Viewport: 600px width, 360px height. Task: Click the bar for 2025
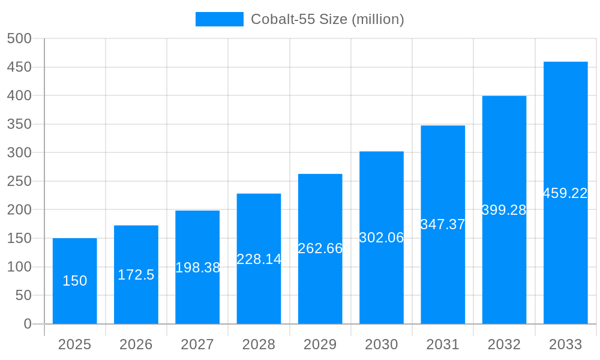tap(74, 300)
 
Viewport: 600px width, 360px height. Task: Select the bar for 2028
tap(259, 288)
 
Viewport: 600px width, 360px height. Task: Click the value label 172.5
tap(136, 275)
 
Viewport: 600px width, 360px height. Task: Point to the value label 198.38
tap(197, 268)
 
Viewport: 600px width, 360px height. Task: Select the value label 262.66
tap(320, 248)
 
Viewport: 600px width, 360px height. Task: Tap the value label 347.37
tap(443, 224)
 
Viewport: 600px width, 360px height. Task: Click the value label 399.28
tap(504, 210)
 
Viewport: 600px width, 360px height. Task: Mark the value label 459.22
tap(565, 193)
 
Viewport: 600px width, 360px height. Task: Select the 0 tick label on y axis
tap(27, 324)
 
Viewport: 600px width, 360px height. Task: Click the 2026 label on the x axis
tap(136, 344)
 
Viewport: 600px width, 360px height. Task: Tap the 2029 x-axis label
tap(320, 344)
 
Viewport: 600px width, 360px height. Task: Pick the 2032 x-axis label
tap(504, 344)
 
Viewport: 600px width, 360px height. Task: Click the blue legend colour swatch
tap(219, 19)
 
